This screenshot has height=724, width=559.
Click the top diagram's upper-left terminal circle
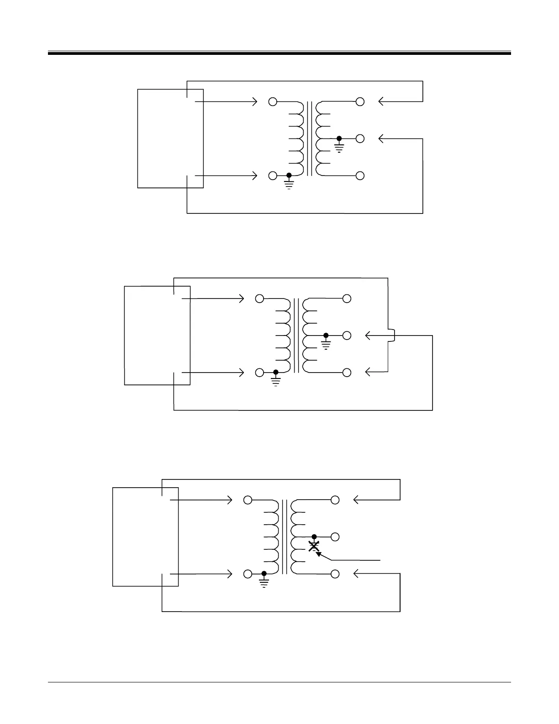tap(273, 101)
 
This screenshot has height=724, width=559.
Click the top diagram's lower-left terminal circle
tap(273, 176)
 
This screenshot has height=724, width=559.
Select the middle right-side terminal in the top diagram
tap(360, 138)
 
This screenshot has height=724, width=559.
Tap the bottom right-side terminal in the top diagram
tap(360, 176)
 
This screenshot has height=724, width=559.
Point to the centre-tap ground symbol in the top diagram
tap(339, 145)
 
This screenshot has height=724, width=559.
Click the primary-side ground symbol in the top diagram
tap(289, 183)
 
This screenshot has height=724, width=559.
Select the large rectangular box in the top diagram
tap(170, 138)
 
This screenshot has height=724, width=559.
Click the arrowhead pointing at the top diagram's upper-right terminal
tap(381, 101)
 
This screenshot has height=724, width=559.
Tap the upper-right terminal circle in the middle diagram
tap(347, 299)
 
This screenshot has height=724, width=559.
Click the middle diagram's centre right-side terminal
tap(347, 335)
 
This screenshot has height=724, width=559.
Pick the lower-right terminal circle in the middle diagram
tap(347, 373)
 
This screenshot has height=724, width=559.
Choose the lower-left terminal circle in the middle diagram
tap(259, 373)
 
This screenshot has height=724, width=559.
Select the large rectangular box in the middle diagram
tap(157, 335)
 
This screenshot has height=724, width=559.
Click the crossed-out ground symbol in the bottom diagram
tap(314, 546)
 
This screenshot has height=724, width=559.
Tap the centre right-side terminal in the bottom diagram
tap(335, 537)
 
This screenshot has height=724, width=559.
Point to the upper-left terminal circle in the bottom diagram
tap(248, 500)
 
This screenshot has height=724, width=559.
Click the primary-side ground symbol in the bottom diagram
tap(264, 581)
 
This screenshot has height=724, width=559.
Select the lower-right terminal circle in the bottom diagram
tap(335, 574)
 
